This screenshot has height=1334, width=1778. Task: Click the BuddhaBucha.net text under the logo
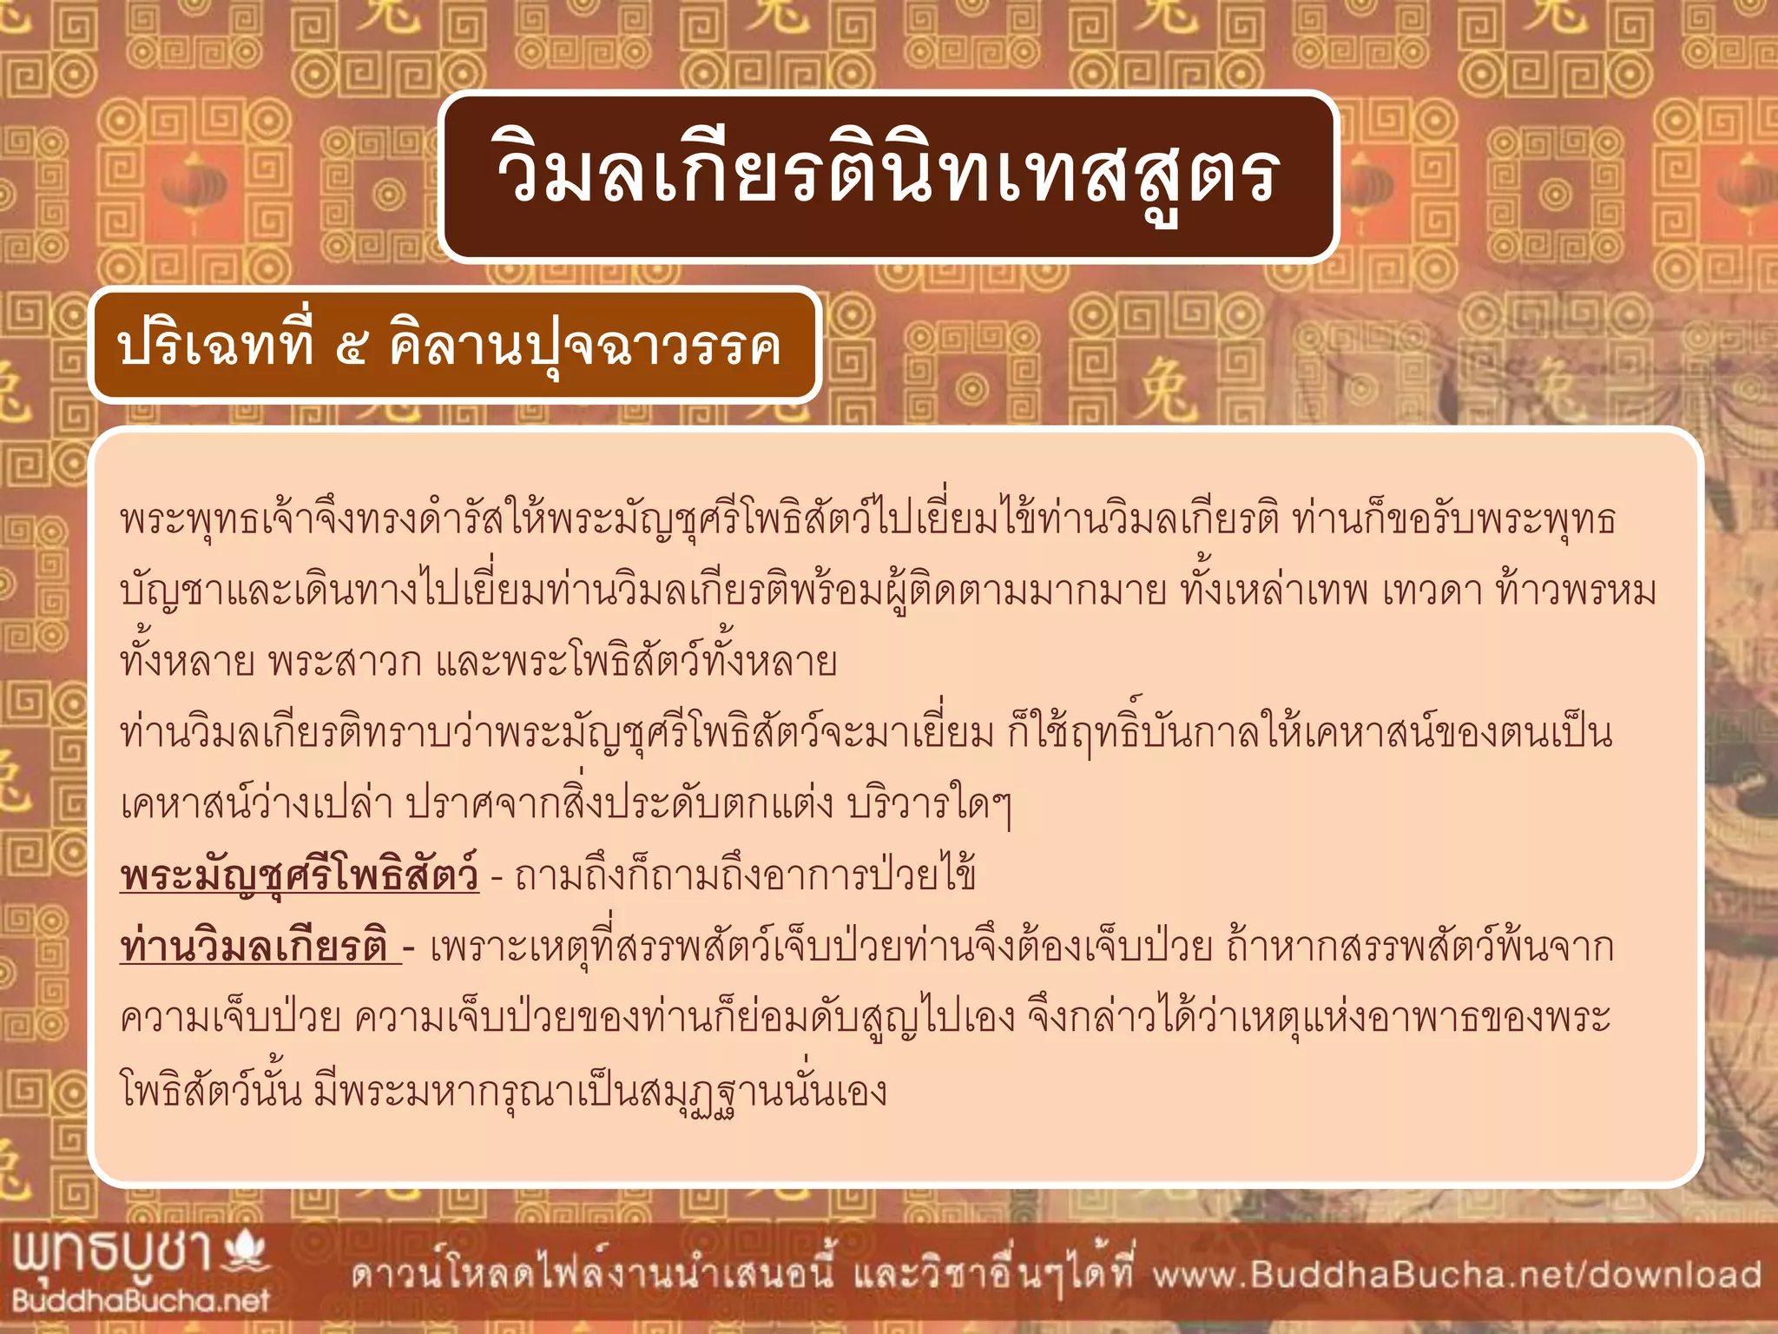coord(141,1300)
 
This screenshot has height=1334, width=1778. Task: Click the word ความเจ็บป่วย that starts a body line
coord(230,1018)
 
